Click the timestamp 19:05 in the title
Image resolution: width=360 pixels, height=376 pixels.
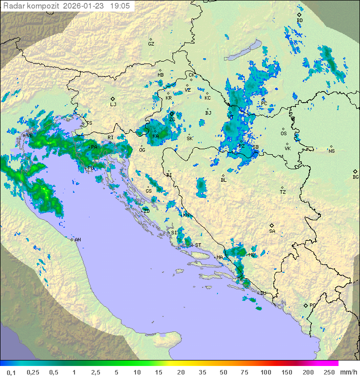tap(119, 6)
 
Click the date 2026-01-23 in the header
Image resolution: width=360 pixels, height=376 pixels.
tap(83, 6)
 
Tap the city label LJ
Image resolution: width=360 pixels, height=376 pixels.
tap(113, 105)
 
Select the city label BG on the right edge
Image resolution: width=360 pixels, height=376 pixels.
tap(355, 177)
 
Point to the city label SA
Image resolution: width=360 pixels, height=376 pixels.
tap(272, 231)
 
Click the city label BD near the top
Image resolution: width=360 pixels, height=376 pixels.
tap(300, 20)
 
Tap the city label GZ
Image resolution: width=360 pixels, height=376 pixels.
tap(151, 44)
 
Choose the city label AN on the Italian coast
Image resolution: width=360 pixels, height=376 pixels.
tap(78, 240)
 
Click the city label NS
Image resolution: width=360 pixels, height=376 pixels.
tap(331, 151)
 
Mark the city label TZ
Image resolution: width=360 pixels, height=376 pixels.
tap(283, 192)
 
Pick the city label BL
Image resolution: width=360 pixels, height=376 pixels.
tap(223, 180)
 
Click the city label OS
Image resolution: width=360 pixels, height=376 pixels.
tap(283, 134)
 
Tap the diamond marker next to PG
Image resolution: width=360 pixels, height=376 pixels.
tap(305, 305)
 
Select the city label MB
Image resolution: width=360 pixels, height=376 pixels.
tap(160, 75)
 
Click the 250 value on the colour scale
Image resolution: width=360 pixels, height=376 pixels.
tap(328, 372)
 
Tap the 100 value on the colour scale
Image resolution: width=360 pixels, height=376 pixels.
tap(265, 372)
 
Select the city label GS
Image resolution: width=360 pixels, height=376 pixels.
tap(148, 191)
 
